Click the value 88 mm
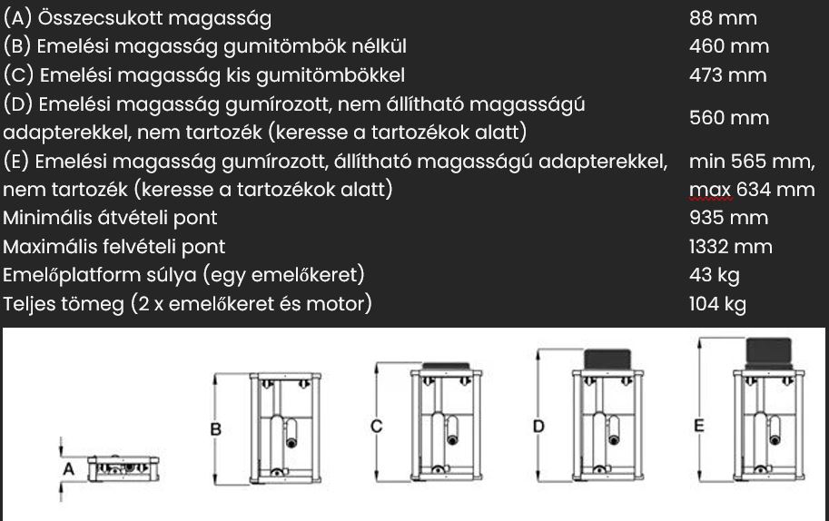pos(723,18)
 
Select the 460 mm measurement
pos(729,46)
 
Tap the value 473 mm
pos(728,75)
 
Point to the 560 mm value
pos(729,117)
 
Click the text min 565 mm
pos(752,162)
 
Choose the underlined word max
pos(710,189)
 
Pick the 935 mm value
pos(728,218)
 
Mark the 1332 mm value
pos(731,247)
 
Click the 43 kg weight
pos(715,275)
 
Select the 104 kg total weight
pos(717,304)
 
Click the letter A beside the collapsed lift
pos(69,468)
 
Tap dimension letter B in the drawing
pos(216,428)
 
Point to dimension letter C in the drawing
pos(377,426)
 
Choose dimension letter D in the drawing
pos(538,426)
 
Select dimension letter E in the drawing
pos(699,426)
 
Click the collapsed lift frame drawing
pos(123,468)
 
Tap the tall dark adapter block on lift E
pos(769,353)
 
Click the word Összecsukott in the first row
pos(101,18)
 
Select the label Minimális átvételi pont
pos(110,218)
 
